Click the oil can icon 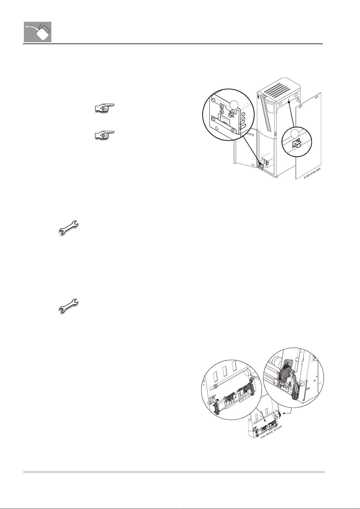[x=37, y=32]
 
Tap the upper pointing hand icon [x=104, y=108]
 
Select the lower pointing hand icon [x=104, y=135]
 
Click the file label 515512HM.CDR [x=314, y=174]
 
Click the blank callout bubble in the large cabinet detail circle [x=233, y=105]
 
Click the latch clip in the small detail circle [x=297, y=144]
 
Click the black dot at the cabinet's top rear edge [x=289, y=102]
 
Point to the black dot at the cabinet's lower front [x=260, y=164]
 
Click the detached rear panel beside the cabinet [x=308, y=136]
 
